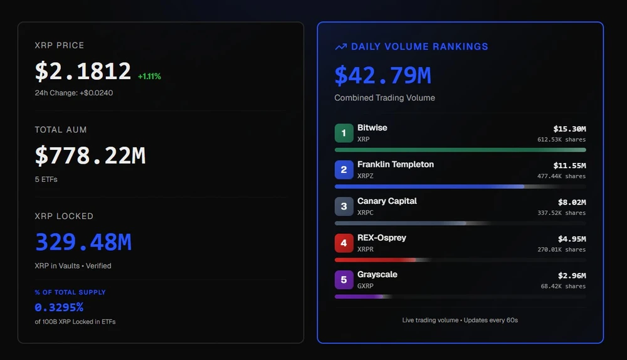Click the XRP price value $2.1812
(x=83, y=71)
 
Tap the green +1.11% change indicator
(x=149, y=77)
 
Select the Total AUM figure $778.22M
(x=90, y=156)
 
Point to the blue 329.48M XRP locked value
(x=83, y=242)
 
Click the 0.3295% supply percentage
(x=59, y=307)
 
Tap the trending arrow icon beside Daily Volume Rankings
(x=340, y=46)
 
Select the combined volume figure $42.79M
(x=382, y=76)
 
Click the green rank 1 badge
(x=344, y=133)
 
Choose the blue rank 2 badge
(x=344, y=169)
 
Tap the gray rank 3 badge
(x=344, y=206)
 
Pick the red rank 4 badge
(x=344, y=243)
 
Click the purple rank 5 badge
(x=344, y=280)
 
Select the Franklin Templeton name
(x=396, y=164)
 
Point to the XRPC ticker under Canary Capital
(x=366, y=213)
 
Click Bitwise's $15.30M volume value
(x=569, y=129)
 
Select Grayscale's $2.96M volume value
(x=572, y=275)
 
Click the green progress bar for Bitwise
(x=460, y=150)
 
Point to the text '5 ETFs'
(x=46, y=179)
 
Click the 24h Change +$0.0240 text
(x=74, y=93)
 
